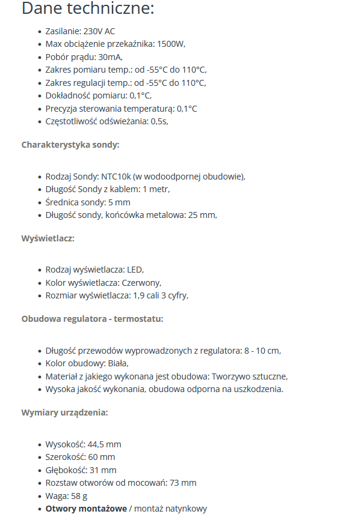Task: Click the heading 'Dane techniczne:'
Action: click(x=88, y=9)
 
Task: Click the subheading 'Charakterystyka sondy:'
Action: click(x=70, y=145)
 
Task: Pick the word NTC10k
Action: click(x=116, y=177)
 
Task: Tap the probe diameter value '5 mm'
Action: click(x=119, y=202)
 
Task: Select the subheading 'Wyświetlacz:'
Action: click(x=48, y=238)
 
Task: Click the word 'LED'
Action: click(x=135, y=270)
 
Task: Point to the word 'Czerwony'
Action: click(x=141, y=283)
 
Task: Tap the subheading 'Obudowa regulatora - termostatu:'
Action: click(x=92, y=319)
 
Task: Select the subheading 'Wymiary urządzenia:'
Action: click(x=65, y=413)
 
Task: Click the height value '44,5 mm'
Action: click(x=104, y=444)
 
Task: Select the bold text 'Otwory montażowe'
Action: click(x=86, y=509)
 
